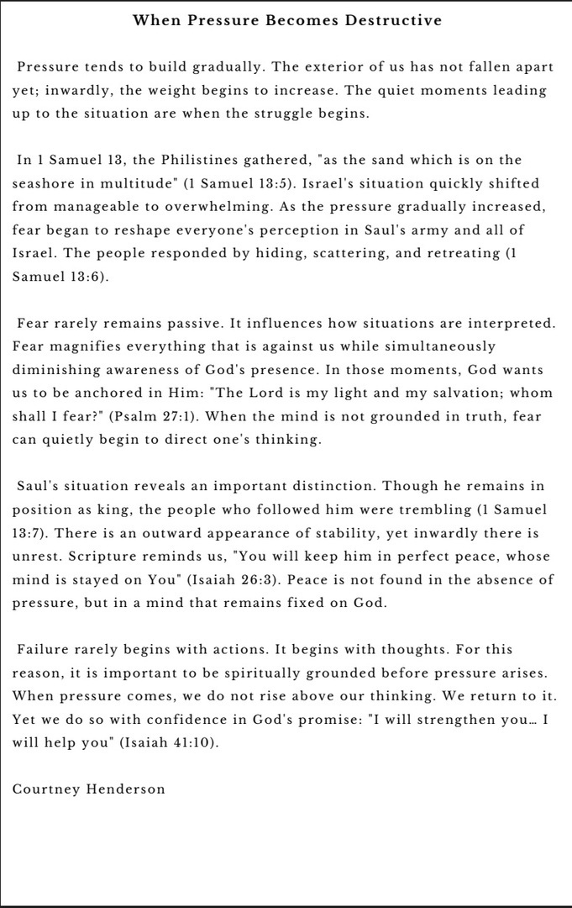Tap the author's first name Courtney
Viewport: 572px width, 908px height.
[x=46, y=790]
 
